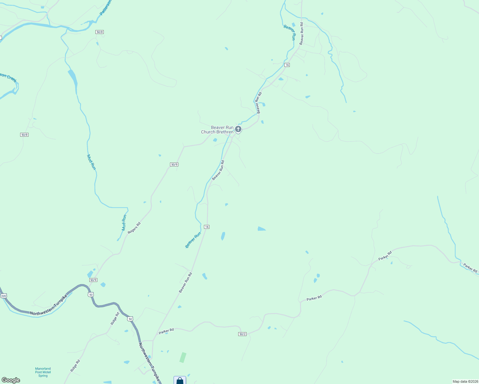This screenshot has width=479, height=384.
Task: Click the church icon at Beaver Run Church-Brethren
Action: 238,129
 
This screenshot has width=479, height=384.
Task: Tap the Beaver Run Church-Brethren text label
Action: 218,130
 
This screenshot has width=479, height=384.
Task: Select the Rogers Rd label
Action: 134,228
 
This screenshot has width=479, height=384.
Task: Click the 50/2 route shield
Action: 242,334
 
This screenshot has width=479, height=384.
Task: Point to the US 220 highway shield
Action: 4,296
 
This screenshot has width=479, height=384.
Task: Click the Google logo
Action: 11,380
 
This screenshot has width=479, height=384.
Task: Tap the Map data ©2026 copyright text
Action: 465,381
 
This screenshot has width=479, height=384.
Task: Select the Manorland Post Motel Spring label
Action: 43,372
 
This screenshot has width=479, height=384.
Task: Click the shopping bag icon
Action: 180,381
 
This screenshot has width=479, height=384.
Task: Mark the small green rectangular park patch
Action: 183,357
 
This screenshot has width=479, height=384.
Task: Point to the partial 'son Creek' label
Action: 8,78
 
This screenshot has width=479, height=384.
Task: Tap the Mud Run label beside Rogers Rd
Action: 124,222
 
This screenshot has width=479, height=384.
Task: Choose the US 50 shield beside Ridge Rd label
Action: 130,319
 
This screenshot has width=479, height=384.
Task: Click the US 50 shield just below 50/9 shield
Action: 91,294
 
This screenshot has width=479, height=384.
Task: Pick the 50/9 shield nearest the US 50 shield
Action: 93,280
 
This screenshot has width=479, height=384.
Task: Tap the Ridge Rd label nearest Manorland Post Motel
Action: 75,365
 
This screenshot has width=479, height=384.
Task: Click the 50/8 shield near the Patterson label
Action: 100,32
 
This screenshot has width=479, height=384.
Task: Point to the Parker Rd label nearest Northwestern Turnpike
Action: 166,331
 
